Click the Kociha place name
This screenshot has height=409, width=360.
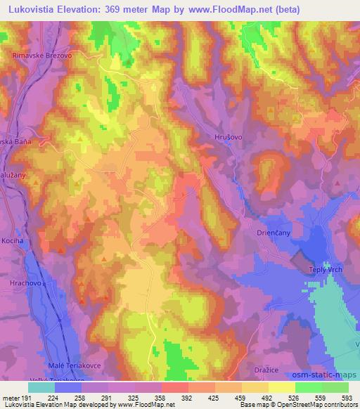click(13, 240)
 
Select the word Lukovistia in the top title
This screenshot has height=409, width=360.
click(36, 9)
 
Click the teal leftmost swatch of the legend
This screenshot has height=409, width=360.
click(41, 387)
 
